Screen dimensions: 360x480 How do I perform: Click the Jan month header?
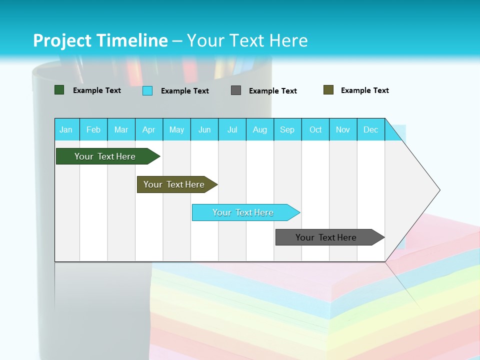point(66,129)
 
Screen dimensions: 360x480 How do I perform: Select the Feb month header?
point(93,129)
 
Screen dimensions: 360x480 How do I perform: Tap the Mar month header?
point(121,129)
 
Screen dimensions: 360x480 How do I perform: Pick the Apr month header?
point(149,129)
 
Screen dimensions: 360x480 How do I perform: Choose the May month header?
point(176,129)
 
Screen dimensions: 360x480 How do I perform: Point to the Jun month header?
point(204,129)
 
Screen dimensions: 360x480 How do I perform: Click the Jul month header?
point(232,129)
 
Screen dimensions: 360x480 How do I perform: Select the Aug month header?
point(260,129)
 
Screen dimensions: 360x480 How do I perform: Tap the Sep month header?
point(287,129)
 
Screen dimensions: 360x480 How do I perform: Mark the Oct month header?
point(315,129)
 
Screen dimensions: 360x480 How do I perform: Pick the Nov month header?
point(343,129)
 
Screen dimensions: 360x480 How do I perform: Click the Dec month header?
point(371,129)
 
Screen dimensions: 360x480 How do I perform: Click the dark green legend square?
point(59,90)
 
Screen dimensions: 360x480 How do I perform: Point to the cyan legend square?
point(147,90)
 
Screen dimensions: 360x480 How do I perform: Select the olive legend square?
point(328,90)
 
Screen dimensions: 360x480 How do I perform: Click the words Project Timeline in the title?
point(100,40)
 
